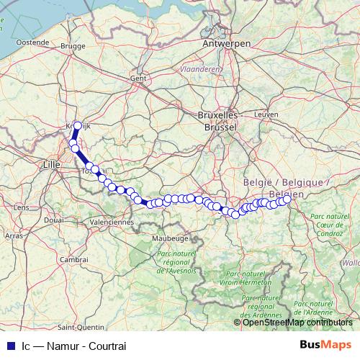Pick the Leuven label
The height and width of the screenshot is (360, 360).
click(x=266, y=114)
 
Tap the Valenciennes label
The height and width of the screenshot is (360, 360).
click(x=112, y=222)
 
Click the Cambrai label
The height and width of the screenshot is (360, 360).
click(x=73, y=258)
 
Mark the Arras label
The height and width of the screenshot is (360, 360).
click(x=14, y=235)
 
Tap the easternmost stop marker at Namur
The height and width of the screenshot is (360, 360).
click(x=287, y=200)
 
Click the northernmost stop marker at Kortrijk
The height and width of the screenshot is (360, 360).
click(x=78, y=125)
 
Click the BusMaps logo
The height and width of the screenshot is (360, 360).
click(x=325, y=343)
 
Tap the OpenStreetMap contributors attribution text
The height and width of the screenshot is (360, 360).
click(x=297, y=323)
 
